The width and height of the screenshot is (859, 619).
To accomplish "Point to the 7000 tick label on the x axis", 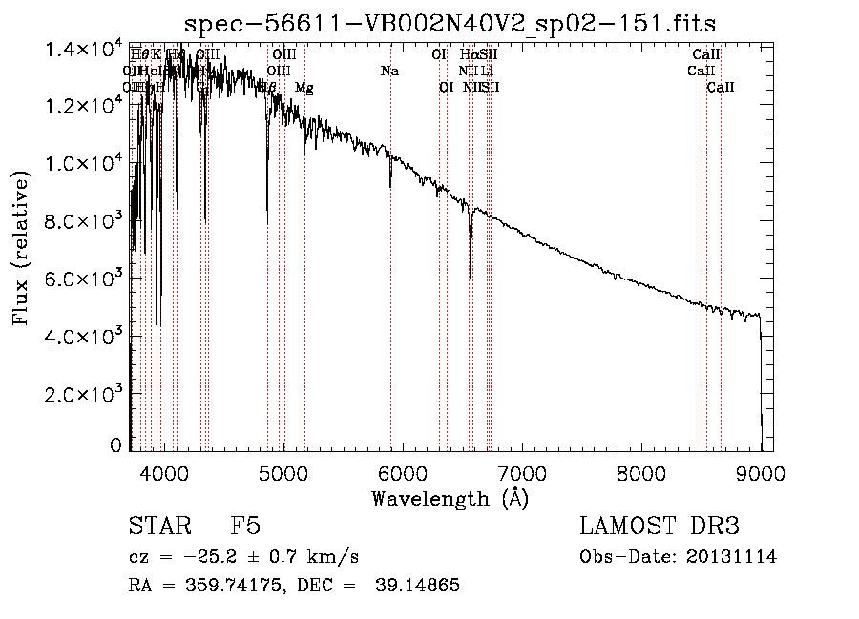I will (522, 472).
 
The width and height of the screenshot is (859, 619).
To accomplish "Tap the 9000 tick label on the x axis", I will (761, 472).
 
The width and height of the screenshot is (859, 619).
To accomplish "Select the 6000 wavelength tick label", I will (402, 472).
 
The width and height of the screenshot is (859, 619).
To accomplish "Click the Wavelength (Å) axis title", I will (450, 498).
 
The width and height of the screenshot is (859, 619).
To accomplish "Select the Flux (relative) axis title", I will (21, 247).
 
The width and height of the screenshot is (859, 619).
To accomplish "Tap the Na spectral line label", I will (389, 71).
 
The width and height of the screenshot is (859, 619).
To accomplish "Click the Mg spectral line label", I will (304, 88).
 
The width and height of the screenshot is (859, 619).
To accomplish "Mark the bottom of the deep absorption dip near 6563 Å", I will (470, 278).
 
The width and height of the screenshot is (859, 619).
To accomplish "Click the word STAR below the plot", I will (157, 526).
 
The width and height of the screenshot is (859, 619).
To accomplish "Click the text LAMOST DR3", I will (660, 526).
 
